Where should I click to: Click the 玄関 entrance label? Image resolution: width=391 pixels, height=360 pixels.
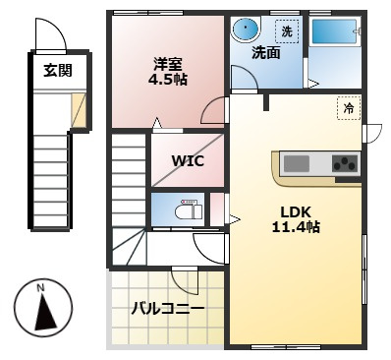(x=58, y=70)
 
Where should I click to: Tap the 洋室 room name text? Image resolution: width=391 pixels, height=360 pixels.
(x=168, y=64)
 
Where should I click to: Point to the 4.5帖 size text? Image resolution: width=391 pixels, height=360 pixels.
(x=168, y=80)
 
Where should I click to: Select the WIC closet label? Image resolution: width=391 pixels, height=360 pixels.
(x=188, y=160)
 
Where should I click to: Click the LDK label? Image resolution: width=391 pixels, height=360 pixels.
(x=296, y=211)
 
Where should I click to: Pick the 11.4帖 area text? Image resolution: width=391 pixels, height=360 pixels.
(x=296, y=227)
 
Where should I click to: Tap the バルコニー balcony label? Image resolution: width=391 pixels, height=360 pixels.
(x=168, y=309)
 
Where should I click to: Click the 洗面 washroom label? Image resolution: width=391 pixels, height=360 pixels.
(x=266, y=53)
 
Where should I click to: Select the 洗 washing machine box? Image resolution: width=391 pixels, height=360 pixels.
(x=287, y=31)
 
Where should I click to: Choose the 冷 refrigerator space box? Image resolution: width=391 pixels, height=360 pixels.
(x=349, y=108)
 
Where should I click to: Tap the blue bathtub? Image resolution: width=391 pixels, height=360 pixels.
(x=334, y=31)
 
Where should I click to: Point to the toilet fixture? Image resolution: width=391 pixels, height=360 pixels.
(x=190, y=210)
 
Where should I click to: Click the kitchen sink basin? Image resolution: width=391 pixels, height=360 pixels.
(x=297, y=163)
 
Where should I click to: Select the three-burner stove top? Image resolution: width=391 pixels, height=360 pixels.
(x=345, y=163)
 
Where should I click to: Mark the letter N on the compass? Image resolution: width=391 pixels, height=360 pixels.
(x=40, y=288)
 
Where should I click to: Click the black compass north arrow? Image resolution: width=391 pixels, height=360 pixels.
(x=45, y=312)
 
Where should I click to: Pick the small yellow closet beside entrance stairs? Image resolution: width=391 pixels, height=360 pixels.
(x=79, y=110)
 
